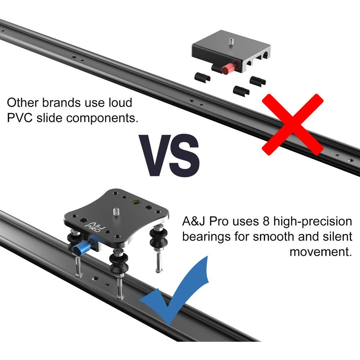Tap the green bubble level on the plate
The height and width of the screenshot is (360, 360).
(x=136, y=202)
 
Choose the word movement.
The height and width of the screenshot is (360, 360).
(x=320, y=252)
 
